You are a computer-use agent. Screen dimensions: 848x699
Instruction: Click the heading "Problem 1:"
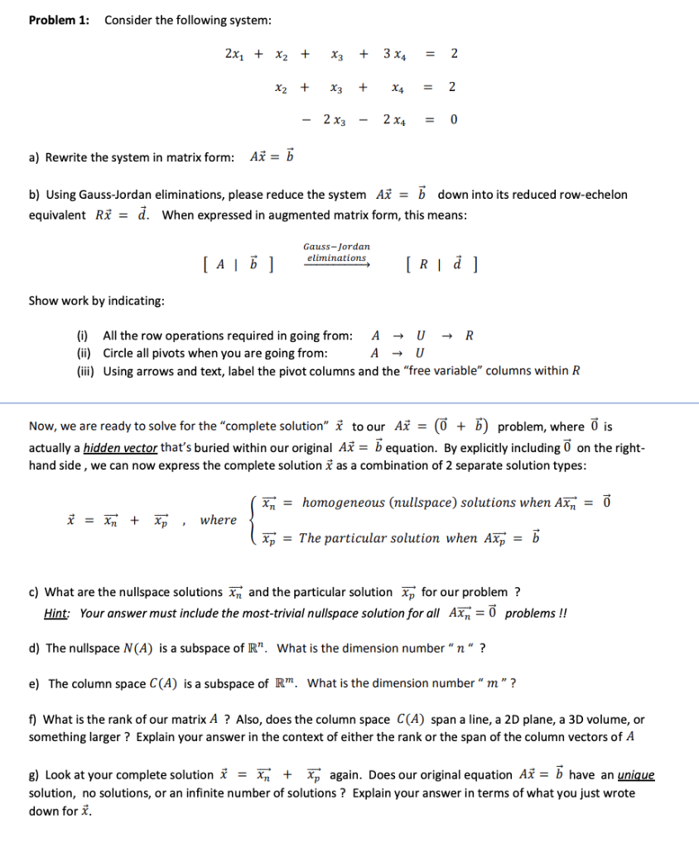59,21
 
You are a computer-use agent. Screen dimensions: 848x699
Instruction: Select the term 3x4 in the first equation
394,55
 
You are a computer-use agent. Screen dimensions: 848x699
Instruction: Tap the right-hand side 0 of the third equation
453,120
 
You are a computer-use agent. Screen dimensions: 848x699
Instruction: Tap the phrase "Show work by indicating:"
96,300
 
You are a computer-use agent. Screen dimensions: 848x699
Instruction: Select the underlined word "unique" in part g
637,775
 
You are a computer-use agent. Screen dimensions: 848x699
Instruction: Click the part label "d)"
35,648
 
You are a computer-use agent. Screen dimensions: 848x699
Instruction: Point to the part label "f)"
33,720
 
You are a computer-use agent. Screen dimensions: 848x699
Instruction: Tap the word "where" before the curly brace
218,520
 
